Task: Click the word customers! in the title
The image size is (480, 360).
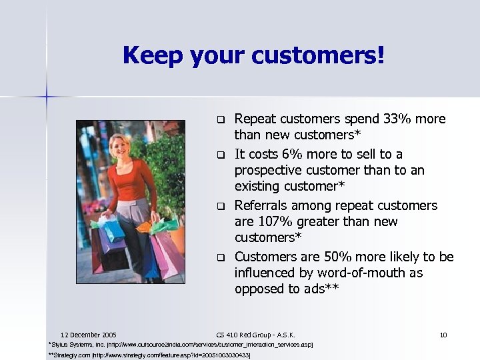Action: point(323,55)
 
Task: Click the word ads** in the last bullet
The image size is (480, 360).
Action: point(321,289)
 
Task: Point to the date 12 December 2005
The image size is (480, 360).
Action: point(88,334)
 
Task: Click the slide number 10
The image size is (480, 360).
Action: point(443,334)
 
